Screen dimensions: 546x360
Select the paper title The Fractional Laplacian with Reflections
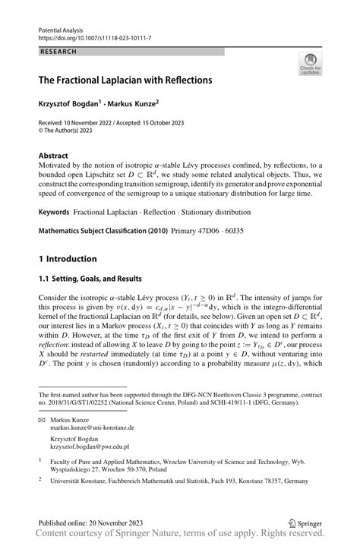(x=125, y=79)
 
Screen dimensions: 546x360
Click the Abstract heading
(x=53, y=154)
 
